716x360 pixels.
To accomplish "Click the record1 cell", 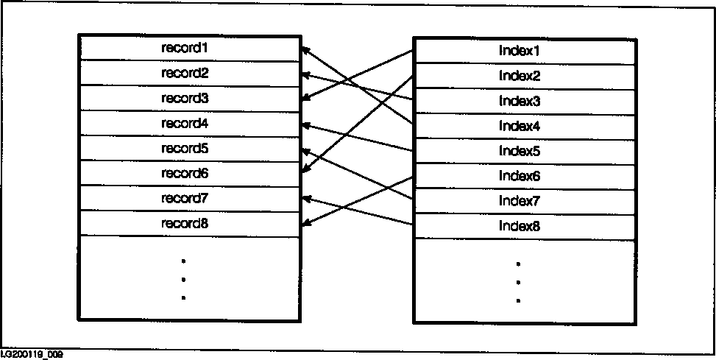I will point(185,48).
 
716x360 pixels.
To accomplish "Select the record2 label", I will point(185,73).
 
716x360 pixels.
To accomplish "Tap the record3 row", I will point(185,98).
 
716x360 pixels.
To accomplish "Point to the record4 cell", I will point(185,123).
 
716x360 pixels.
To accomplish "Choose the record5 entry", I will point(185,148).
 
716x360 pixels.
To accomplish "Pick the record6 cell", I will point(185,173).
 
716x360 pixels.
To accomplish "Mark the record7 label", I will point(185,198).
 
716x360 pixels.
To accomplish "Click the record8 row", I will point(185,223).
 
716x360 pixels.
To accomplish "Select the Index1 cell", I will point(520,51).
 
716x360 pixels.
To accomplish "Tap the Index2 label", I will point(520,76).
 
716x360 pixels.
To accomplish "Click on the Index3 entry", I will point(520,101).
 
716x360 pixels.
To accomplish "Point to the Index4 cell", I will point(520,126).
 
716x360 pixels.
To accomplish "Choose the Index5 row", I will point(520,151).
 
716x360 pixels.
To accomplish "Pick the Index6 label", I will point(520,176).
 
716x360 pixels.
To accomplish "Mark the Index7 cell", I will point(520,201).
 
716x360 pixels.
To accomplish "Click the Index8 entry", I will point(520,226).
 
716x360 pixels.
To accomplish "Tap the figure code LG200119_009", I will point(32,355).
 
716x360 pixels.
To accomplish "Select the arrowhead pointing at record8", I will point(305,223).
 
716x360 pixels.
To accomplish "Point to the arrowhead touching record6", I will point(305,171).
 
